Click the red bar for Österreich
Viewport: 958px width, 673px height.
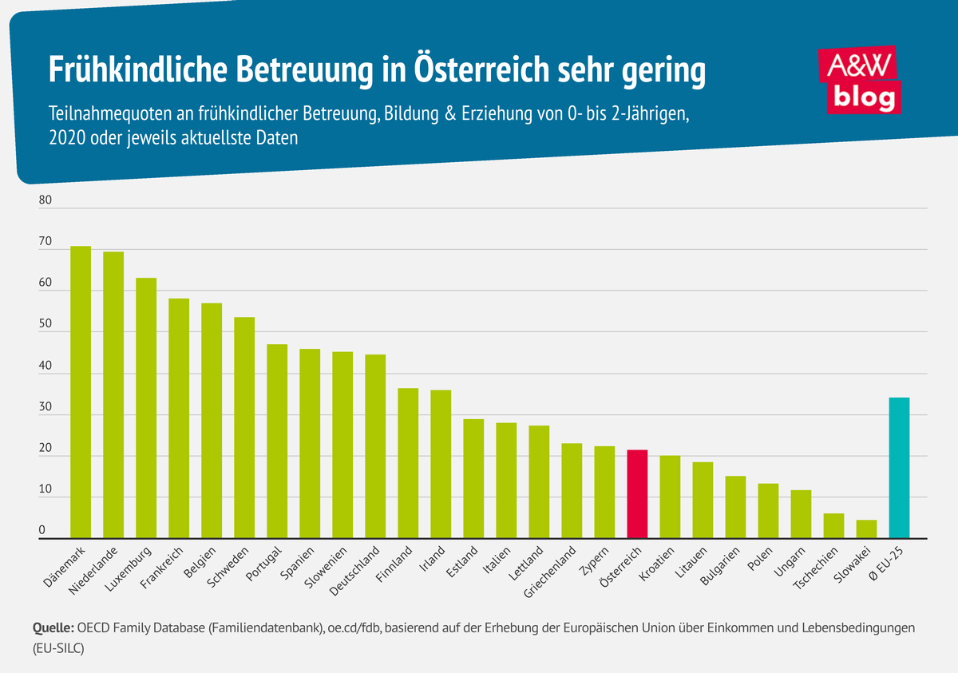point(637,494)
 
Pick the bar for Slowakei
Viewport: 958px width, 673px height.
point(866,529)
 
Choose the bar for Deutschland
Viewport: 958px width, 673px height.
point(375,446)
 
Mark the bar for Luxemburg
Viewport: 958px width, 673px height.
point(146,408)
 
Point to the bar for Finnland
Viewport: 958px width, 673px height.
point(408,463)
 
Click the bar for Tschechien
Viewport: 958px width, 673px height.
point(833,526)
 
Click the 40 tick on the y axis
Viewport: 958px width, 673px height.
point(45,366)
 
